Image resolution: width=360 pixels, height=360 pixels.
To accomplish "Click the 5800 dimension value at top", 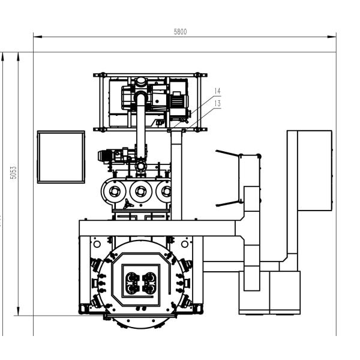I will (180, 32).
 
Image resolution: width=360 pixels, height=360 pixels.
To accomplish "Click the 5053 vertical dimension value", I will (13, 175).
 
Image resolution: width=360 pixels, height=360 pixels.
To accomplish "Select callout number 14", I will (217, 91).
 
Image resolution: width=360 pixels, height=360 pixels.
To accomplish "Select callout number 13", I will (217, 103).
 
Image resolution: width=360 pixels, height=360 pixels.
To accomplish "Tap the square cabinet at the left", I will (61, 157).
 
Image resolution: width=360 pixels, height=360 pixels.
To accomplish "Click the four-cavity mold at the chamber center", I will (140, 280).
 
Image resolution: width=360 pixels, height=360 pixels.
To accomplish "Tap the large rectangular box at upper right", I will (314, 170).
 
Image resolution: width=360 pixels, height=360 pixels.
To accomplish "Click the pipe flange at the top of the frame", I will (140, 82).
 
